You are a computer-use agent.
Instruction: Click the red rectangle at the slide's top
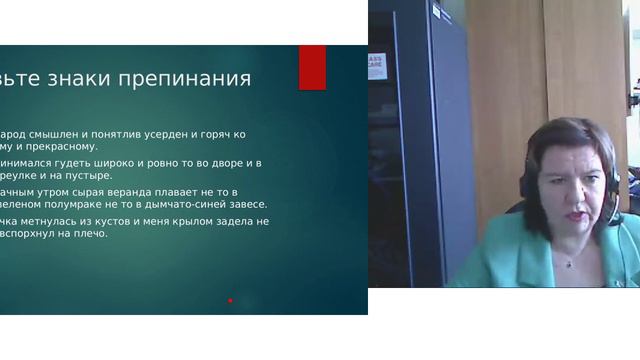point(312,67)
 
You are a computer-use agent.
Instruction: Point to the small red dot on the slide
point(230,300)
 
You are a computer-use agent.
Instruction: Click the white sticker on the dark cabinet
point(376,66)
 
